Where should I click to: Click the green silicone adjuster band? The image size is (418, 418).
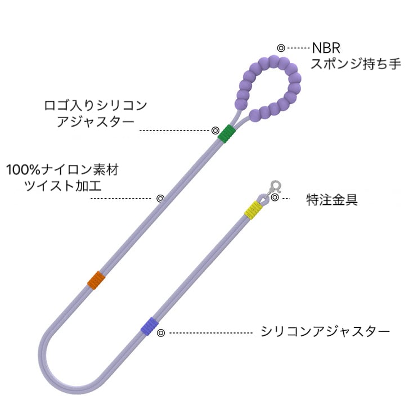click(x=226, y=133)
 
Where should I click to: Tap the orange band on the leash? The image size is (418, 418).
click(x=97, y=279)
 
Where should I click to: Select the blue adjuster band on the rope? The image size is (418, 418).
click(x=149, y=326)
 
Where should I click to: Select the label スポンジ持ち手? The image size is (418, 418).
click(x=356, y=63)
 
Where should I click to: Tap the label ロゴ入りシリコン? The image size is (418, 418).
click(x=96, y=105)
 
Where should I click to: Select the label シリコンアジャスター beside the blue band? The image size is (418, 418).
click(x=325, y=331)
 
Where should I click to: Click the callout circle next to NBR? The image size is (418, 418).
click(x=281, y=48)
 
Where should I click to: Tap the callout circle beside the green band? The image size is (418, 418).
click(x=215, y=130)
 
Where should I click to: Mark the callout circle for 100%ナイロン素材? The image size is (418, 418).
click(x=160, y=198)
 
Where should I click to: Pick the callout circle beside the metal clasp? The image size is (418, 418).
click(x=275, y=197)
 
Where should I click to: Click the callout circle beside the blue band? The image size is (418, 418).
click(x=160, y=333)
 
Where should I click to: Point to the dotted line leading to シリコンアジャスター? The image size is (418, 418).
click(x=208, y=333)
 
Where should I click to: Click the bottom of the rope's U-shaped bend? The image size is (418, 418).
click(x=68, y=386)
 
